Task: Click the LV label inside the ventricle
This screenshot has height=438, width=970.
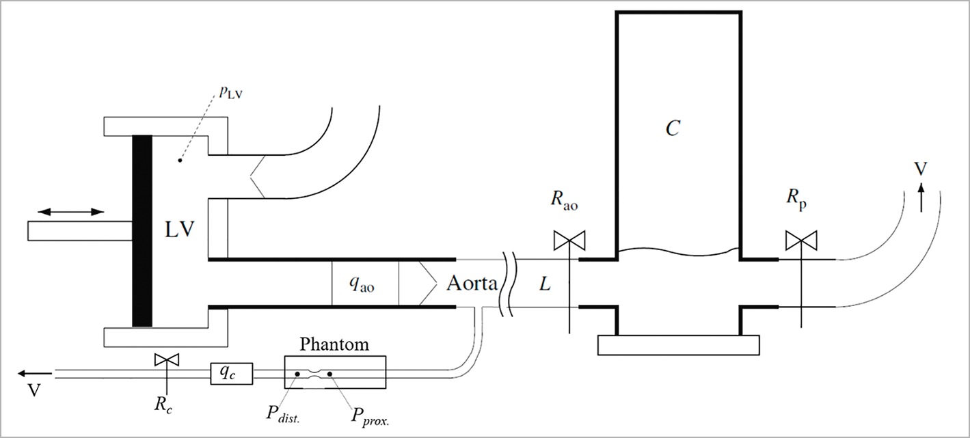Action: click(180, 230)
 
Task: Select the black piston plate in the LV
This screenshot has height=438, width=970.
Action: click(142, 230)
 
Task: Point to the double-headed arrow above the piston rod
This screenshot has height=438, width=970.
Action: click(66, 212)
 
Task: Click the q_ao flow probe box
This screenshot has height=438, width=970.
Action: click(364, 282)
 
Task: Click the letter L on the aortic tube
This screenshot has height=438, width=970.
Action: click(545, 284)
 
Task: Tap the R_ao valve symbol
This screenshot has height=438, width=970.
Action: click(569, 241)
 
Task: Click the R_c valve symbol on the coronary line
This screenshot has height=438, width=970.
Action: click(163, 359)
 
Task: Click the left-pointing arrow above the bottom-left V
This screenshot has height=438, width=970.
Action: click(34, 373)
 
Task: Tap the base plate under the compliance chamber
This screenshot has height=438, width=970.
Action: click(678, 345)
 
